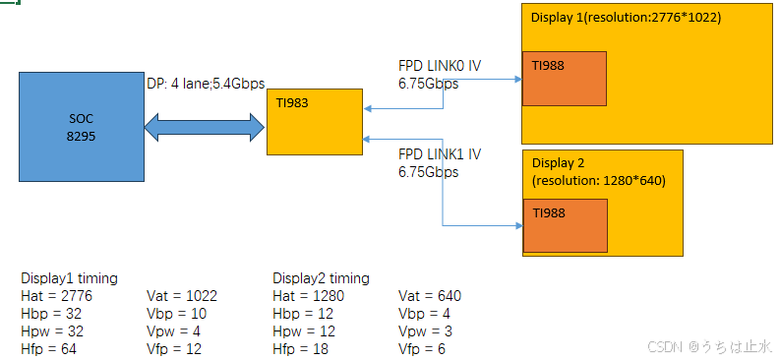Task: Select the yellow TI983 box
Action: tap(315, 120)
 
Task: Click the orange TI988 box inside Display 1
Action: tap(564, 80)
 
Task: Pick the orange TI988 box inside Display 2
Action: tap(565, 224)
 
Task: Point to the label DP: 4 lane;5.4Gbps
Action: tap(206, 84)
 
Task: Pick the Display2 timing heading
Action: tap(321, 278)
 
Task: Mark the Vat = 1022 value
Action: tap(181, 295)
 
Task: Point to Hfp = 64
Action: tap(48, 348)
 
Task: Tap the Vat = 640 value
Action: tap(430, 295)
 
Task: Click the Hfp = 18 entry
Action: tap(300, 348)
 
